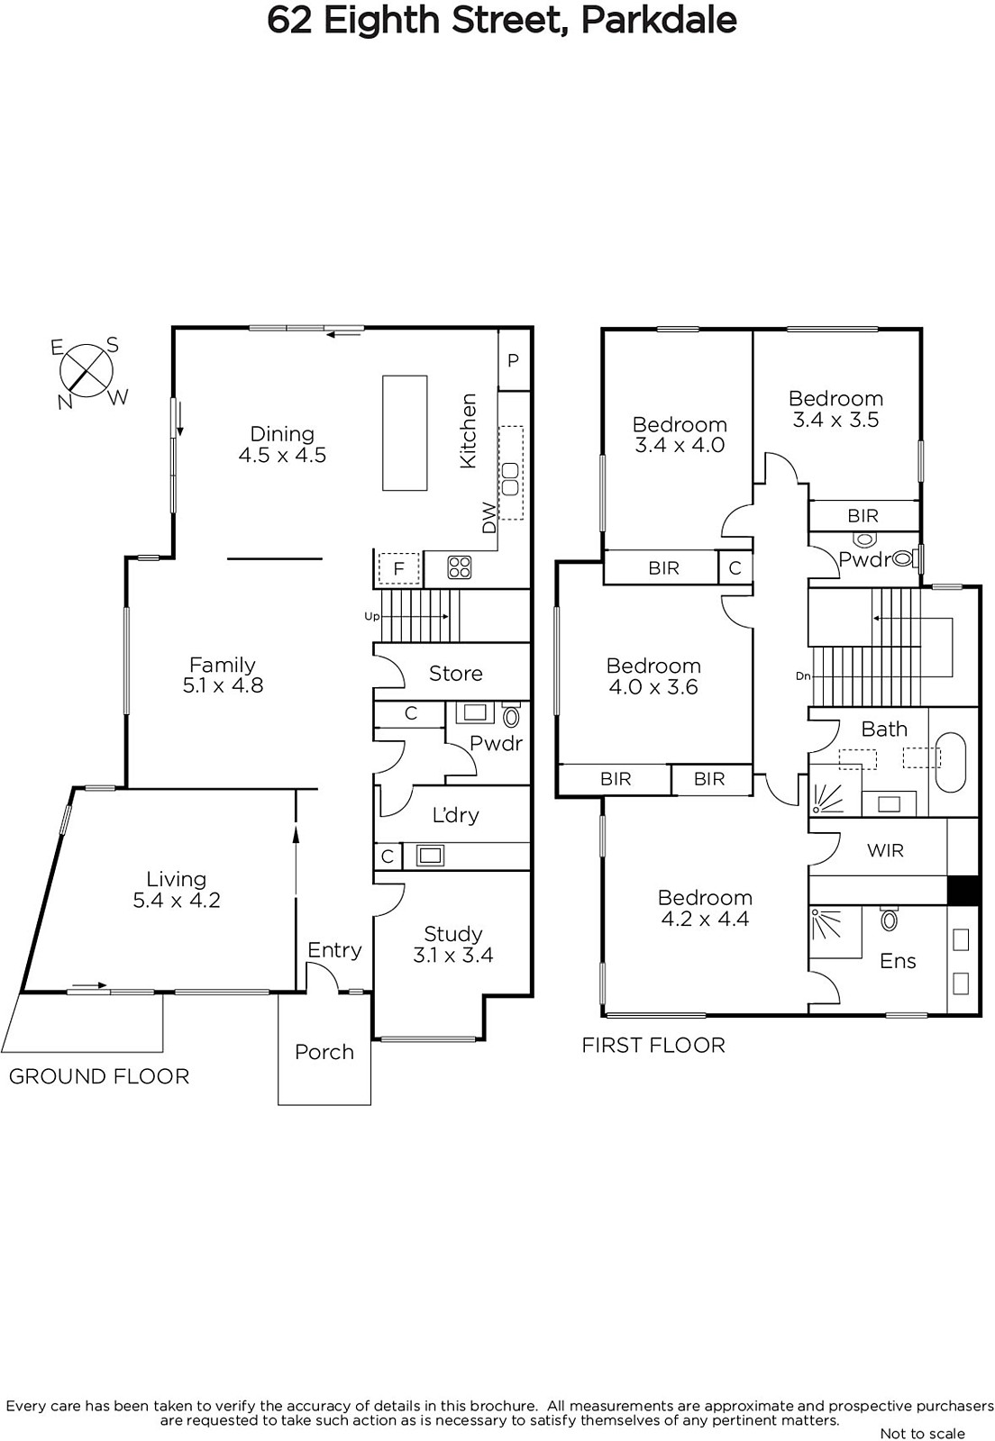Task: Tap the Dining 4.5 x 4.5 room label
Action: coord(282,445)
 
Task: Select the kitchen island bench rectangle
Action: coord(405,433)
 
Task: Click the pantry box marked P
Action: coord(515,360)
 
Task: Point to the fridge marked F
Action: coord(398,568)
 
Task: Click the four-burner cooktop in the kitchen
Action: coord(460,567)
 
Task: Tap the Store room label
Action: coord(456,674)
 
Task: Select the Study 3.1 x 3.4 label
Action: coord(453,944)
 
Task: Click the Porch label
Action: coord(324,1052)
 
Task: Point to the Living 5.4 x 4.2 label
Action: coord(177,889)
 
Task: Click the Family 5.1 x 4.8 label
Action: coord(223,675)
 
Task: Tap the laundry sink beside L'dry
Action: coord(430,856)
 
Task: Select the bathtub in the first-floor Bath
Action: coord(951,764)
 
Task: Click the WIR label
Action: coord(886,850)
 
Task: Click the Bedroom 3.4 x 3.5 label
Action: coord(835,409)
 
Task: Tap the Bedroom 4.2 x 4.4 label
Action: coord(705,908)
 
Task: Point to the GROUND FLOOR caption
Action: coord(99,1077)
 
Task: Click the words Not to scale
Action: coord(922,1433)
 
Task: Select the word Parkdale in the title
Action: coord(659,20)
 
